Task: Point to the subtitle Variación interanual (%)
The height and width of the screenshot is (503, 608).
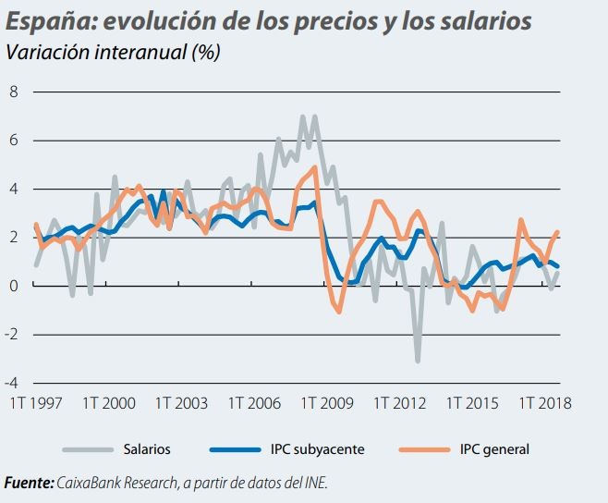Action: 112,52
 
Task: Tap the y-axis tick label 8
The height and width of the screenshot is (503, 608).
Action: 14,92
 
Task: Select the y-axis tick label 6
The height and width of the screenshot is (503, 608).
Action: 14,141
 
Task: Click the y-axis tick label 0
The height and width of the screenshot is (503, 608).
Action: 14,286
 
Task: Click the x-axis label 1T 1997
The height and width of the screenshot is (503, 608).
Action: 35,403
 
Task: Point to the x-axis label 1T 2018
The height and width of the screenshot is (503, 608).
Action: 544,403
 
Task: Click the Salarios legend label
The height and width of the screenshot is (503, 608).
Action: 146,449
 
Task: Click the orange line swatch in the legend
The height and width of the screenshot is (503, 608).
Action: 424,450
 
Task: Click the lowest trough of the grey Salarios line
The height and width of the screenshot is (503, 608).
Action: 418,361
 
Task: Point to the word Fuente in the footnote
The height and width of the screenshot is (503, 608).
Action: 28,483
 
